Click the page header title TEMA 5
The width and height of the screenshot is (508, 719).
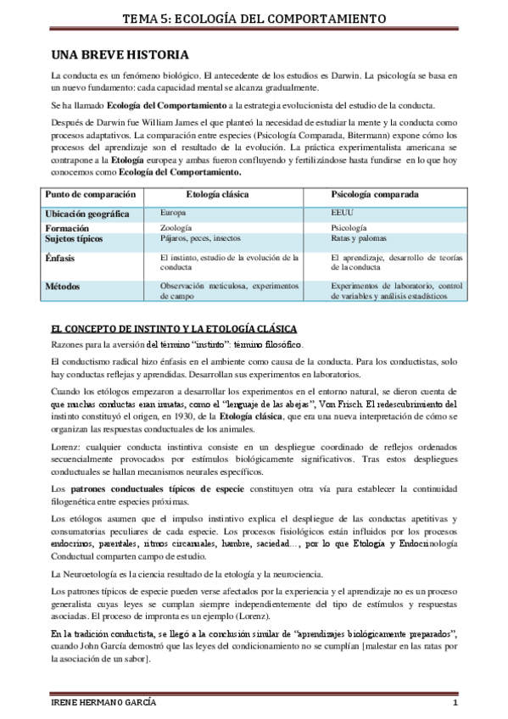point(254,18)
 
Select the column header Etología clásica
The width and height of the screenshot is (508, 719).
point(217,194)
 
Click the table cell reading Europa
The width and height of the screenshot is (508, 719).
point(173,214)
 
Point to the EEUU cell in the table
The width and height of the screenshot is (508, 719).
point(342,214)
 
